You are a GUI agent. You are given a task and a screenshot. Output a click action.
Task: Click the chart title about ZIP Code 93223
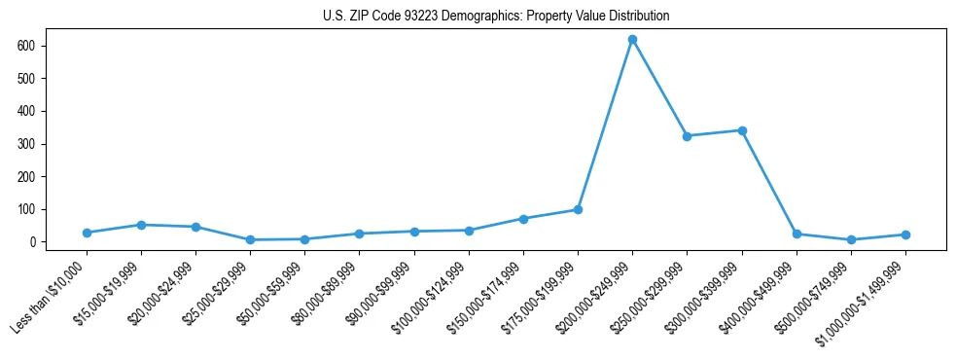coord(496,17)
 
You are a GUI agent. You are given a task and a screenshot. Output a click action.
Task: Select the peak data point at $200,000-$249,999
coord(632,40)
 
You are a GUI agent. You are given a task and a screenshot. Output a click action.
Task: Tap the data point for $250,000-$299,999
coord(687,136)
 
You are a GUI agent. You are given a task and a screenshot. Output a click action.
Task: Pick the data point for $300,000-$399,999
coord(742,130)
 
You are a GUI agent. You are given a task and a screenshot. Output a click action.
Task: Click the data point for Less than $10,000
coord(87,233)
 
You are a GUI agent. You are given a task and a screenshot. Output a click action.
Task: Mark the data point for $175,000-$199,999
coord(578,209)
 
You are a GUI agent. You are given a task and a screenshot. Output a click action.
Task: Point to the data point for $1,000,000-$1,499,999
coord(905,234)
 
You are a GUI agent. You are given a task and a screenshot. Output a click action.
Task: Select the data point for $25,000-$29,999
coord(250,239)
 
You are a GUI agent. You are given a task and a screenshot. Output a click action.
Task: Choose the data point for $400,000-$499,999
coord(797,234)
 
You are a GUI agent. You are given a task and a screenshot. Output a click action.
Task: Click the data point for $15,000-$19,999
coord(141,225)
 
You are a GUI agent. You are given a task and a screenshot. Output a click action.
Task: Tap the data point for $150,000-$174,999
coord(523,219)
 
